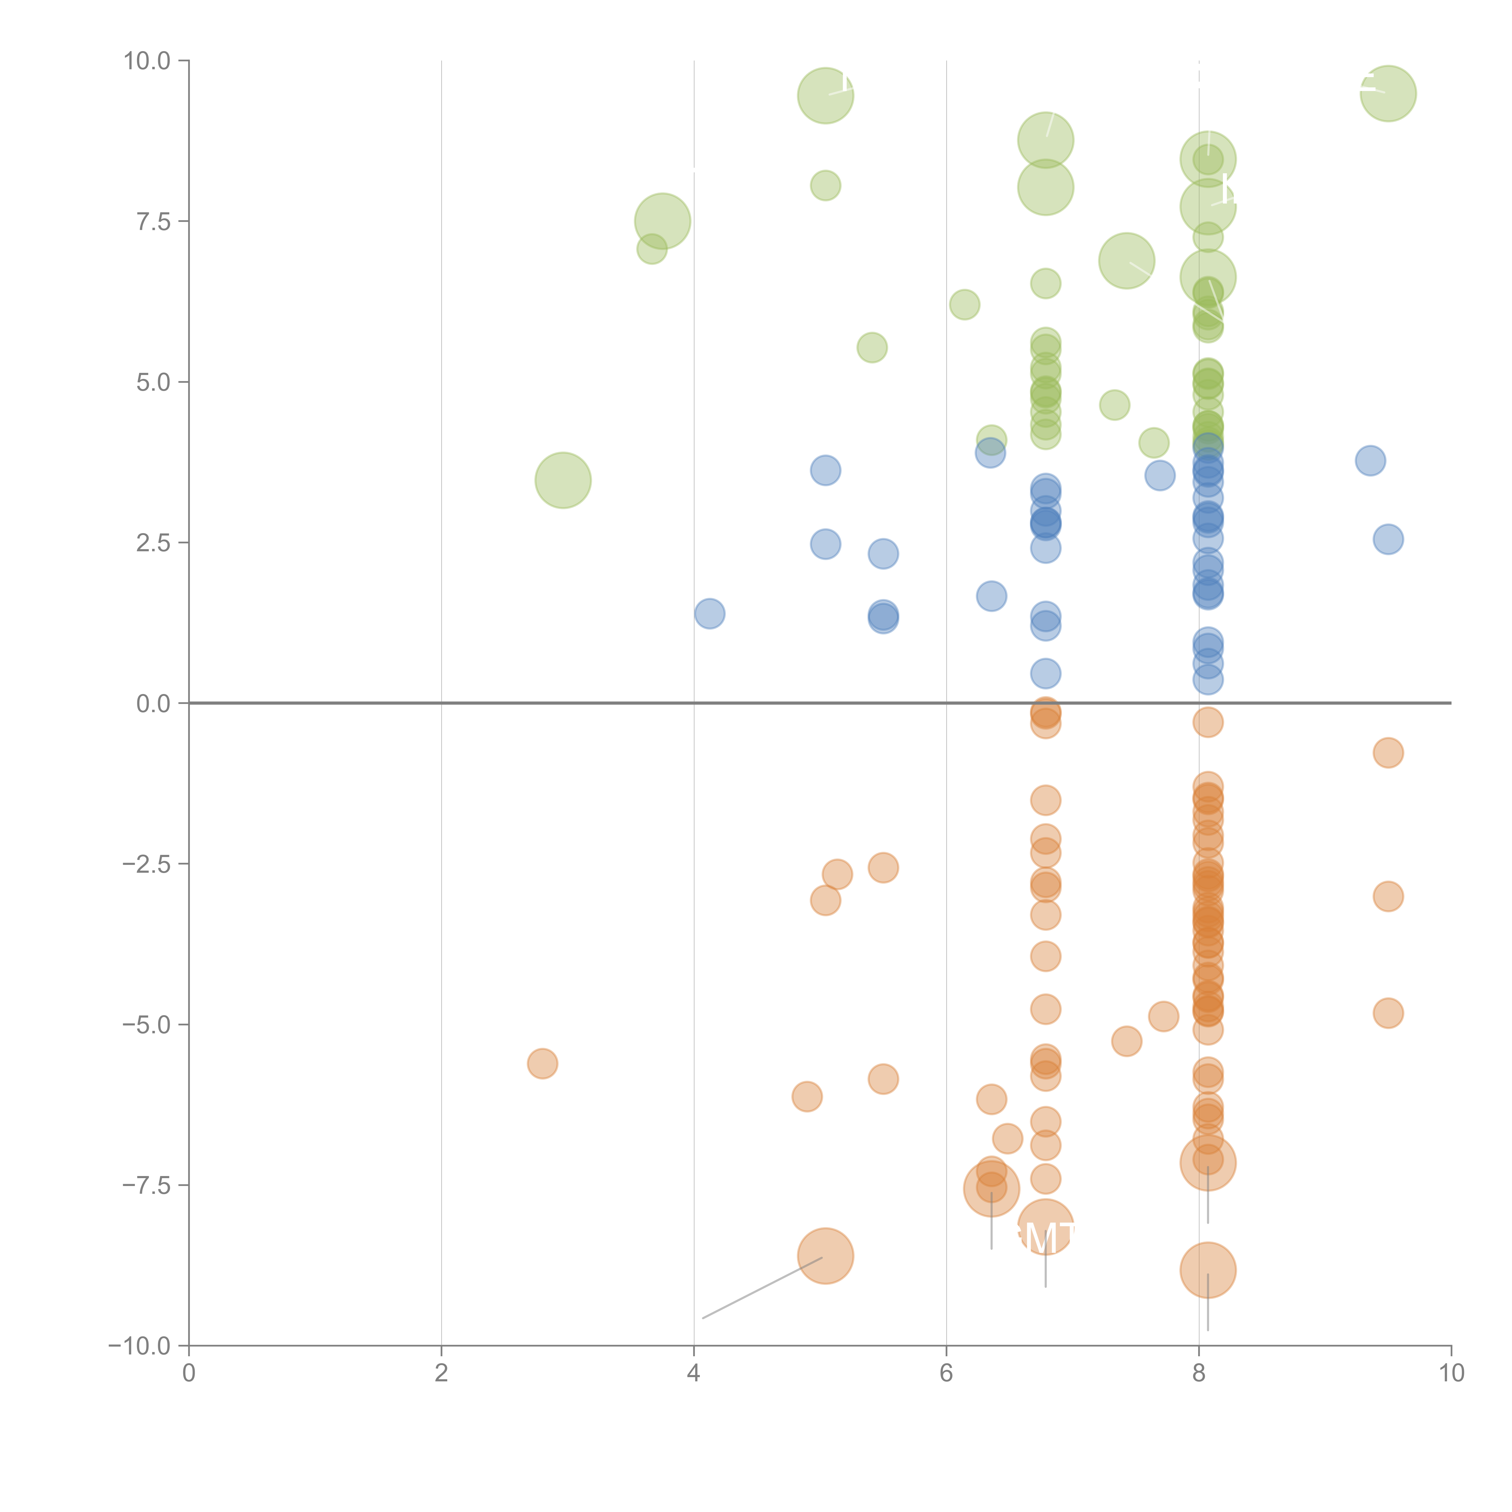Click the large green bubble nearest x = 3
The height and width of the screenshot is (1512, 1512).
[563, 480]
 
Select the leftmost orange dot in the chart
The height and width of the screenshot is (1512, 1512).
[542, 1064]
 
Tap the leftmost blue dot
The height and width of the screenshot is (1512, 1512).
[709, 614]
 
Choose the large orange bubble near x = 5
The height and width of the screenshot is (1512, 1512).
[825, 1256]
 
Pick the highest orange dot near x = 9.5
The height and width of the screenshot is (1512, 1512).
[1388, 753]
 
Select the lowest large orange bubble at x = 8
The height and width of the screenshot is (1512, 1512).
[1207, 1270]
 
